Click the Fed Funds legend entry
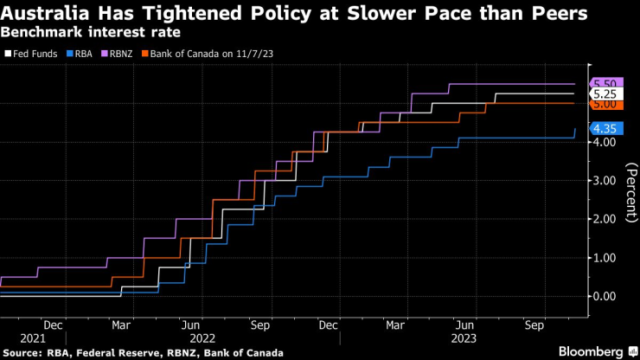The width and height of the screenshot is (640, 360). click(x=31, y=55)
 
